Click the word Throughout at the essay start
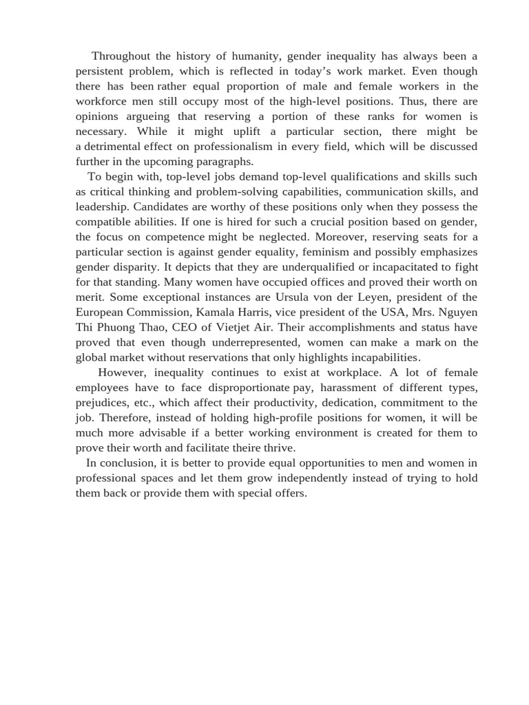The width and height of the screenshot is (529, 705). pos(121,56)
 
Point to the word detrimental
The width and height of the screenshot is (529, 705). pos(114,147)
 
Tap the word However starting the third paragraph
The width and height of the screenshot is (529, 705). pos(122,373)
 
